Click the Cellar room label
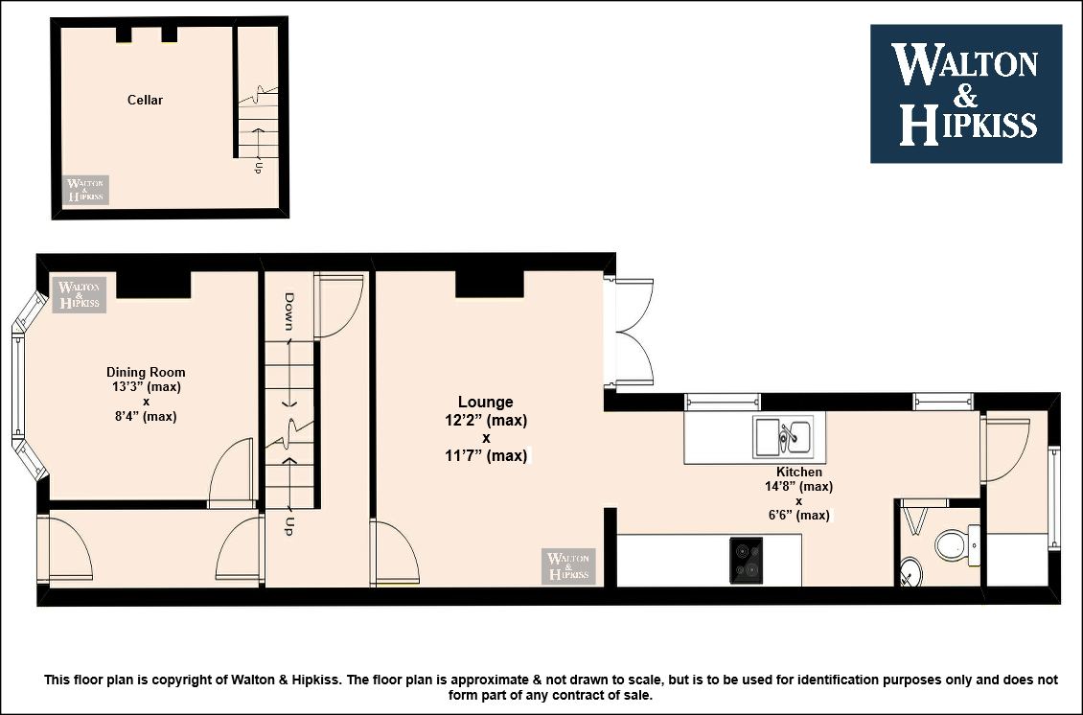tap(145, 101)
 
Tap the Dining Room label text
tap(146, 372)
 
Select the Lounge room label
tap(486, 402)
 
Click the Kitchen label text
tap(799, 472)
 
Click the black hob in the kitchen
tap(746, 561)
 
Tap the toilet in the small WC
tap(956, 545)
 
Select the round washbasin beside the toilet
tap(911, 572)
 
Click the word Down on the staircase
tap(288, 311)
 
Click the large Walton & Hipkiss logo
tap(965, 94)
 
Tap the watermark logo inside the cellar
tap(85, 190)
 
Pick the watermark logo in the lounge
tap(568, 565)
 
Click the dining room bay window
tap(25, 384)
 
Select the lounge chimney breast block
tap(490, 284)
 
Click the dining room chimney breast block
tap(153, 285)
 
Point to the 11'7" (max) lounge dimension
tap(486, 456)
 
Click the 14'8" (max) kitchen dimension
tap(798, 486)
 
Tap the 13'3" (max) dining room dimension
tap(147, 387)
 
